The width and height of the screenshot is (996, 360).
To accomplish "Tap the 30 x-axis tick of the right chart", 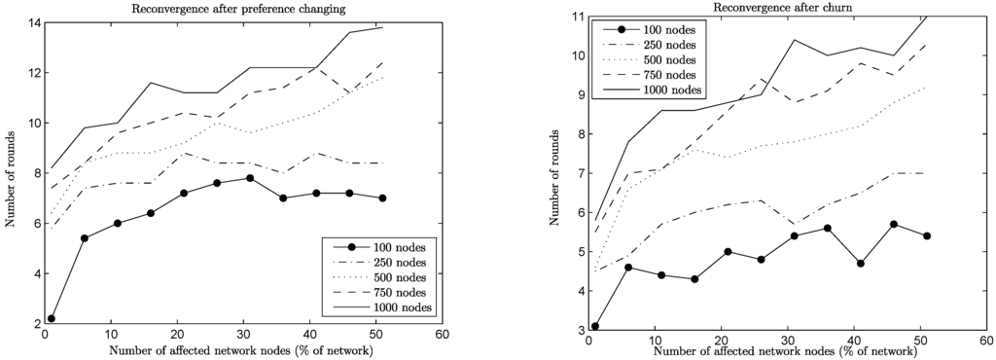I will (787, 341).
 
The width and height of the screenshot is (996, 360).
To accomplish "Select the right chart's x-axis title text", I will (787, 351).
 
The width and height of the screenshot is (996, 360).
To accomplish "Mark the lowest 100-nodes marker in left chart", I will (51, 318).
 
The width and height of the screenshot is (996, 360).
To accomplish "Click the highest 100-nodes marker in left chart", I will (250, 178).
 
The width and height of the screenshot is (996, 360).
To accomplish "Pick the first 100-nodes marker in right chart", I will (594, 327).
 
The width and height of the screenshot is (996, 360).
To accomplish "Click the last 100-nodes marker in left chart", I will (383, 198).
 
